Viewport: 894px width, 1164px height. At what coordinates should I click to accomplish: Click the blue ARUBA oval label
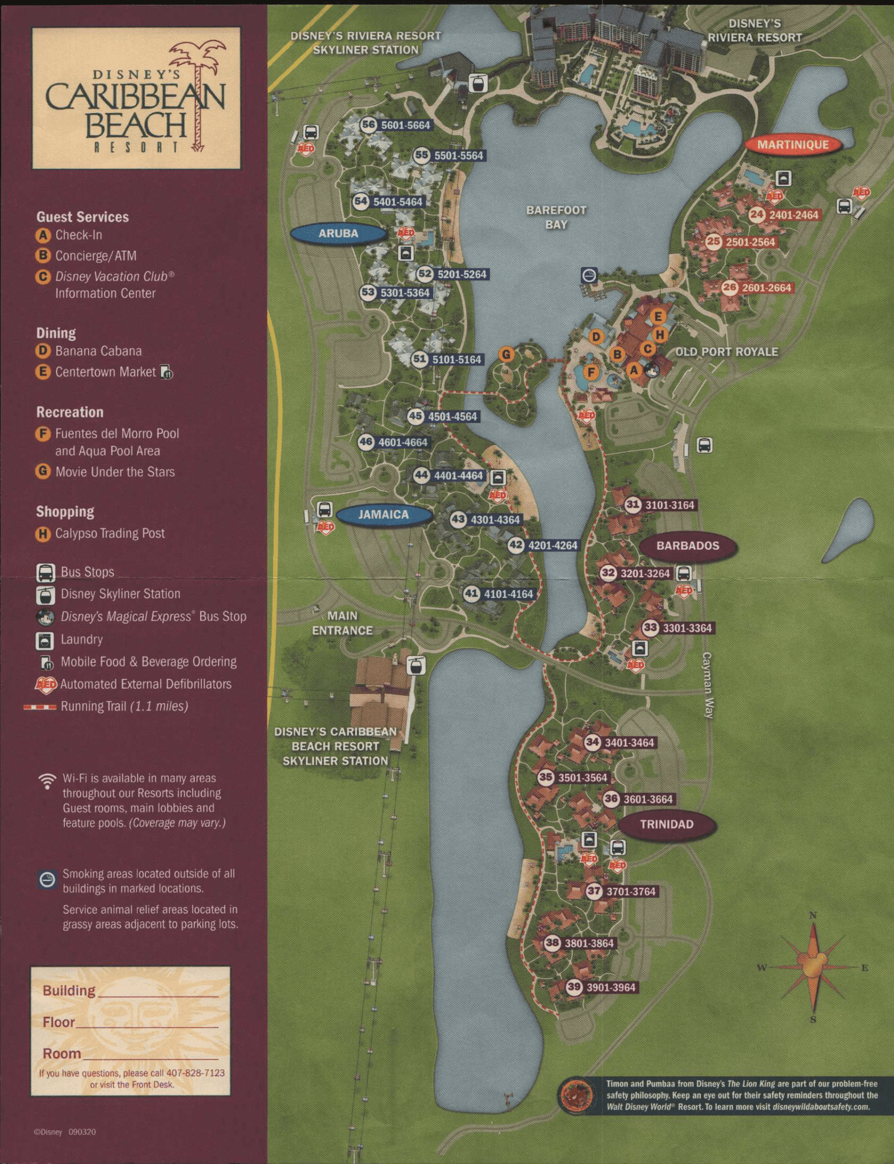pos(339,234)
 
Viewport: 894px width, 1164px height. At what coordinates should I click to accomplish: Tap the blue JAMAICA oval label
pos(384,515)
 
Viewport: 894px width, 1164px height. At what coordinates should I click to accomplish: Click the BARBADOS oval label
pos(688,546)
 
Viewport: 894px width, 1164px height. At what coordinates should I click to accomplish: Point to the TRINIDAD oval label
pos(667,825)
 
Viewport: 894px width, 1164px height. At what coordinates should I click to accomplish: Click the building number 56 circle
pos(369,124)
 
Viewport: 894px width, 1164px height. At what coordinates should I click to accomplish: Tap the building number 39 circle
pos(575,987)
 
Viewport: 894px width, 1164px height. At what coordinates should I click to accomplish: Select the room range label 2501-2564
pos(750,242)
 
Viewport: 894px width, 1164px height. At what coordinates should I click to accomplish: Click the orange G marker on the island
pos(506,355)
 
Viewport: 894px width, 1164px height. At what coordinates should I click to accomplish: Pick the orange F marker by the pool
pos(592,373)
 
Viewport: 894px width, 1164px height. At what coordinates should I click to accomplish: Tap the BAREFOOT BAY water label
pos(556,217)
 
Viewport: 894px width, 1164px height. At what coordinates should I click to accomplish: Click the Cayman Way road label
pos(708,685)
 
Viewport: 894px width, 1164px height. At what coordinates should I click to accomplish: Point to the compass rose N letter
pos(813,915)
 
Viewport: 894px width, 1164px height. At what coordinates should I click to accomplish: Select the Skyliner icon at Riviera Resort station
pos(478,84)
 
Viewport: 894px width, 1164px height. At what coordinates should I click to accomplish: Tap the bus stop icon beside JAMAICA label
pos(324,509)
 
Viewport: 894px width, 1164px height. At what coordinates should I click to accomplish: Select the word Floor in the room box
pos(59,1022)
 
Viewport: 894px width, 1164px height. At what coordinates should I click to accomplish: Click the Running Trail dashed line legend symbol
pos(40,707)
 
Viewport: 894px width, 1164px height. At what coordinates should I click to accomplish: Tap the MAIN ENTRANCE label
pos(342,623)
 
